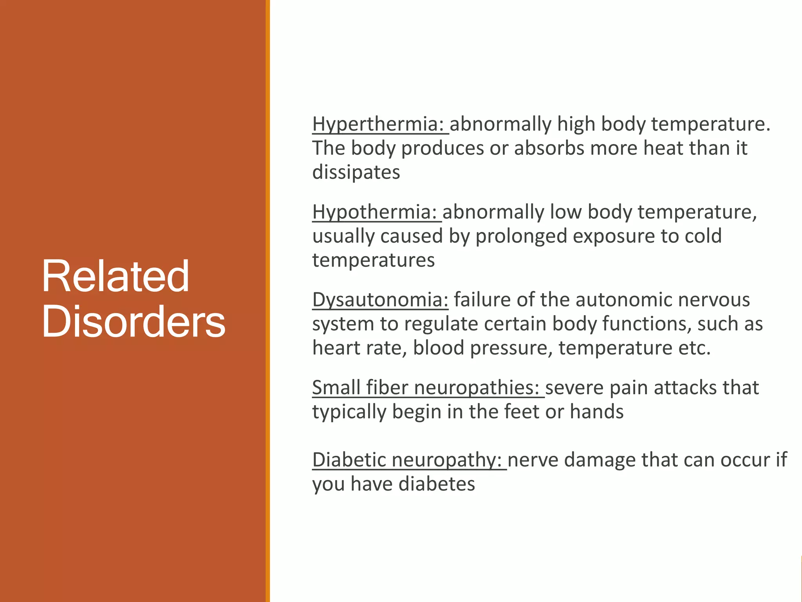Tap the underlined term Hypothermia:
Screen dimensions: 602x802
[374, 212]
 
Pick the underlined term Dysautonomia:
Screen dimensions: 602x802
[380, 300]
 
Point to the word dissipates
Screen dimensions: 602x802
[356, 172]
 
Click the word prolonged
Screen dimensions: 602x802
[521, 236]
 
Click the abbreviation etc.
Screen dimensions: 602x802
[694, 348]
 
